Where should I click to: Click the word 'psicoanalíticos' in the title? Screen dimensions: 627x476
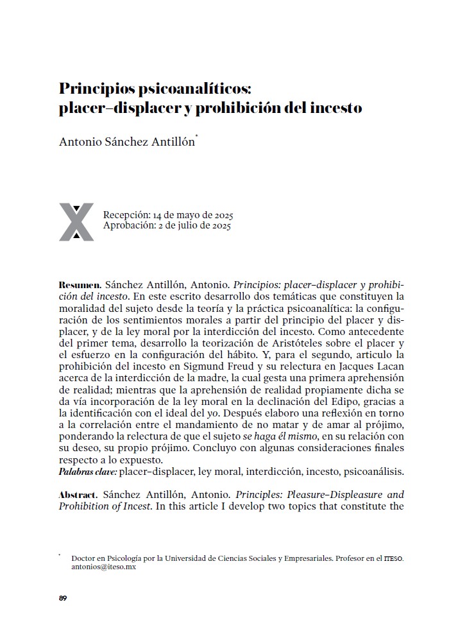coord(149,89)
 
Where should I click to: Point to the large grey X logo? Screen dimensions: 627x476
coord(76,222)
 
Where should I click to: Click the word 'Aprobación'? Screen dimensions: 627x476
coord(126,226)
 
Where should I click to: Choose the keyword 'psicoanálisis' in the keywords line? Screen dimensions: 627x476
coord(374,472)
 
